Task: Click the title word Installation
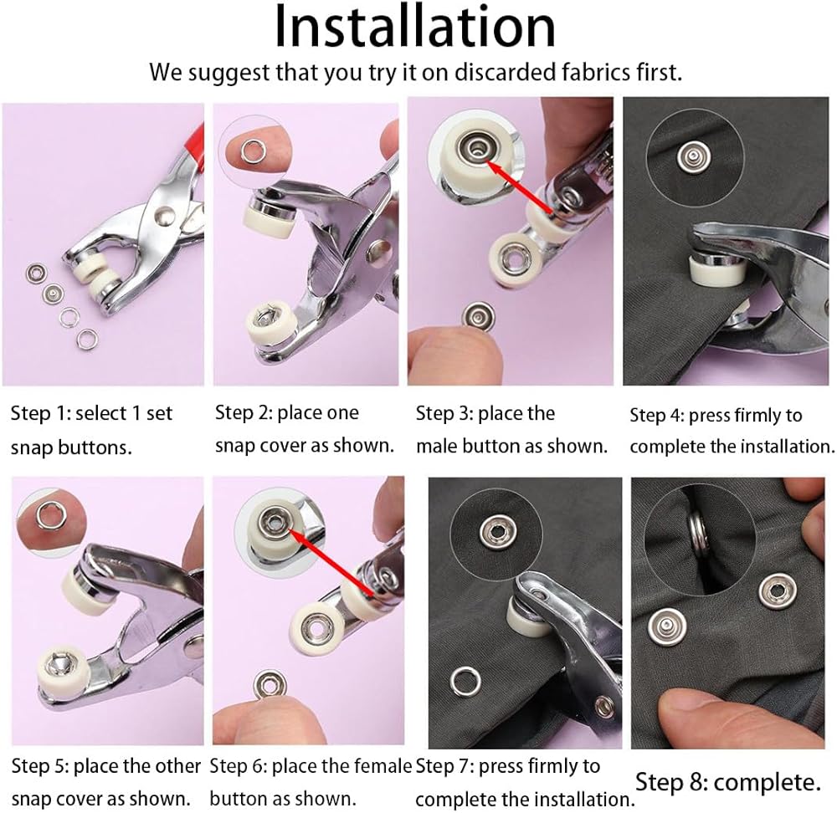415,27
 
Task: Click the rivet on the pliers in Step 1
164,216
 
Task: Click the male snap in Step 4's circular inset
693,156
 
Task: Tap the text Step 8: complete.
727,783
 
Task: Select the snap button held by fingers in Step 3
478,316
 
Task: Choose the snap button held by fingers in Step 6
269,686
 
